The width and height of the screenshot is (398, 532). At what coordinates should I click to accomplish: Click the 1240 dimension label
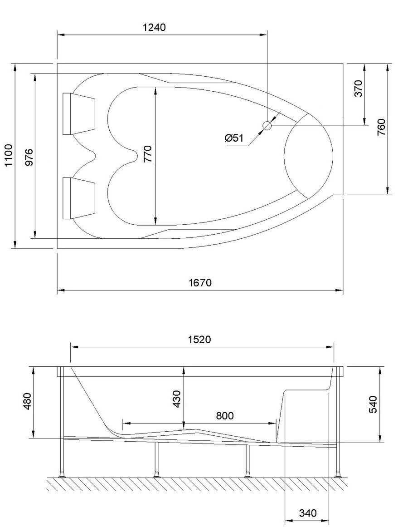(x=154, y=27)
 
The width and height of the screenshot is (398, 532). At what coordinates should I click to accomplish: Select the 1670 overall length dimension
(x=200, y=283)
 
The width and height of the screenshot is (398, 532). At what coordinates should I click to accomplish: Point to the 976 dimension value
(x=29, y=157)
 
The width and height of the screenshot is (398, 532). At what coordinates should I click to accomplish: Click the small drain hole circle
(x=267, y=126)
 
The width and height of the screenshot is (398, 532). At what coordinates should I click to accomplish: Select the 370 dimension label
(x=359, y=89)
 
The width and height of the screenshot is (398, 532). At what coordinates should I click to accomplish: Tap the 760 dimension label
(x=381, y=128)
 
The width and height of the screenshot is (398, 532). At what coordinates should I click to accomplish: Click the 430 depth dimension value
(x=177, y=399)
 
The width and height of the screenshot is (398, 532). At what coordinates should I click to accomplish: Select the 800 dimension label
(x=224, y=416)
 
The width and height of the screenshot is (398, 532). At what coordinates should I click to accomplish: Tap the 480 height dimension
(x=27, y=402)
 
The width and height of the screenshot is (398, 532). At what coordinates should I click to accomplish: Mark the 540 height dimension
(x=374, y=404)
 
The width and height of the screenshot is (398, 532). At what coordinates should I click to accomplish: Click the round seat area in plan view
(x=308, y=155)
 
